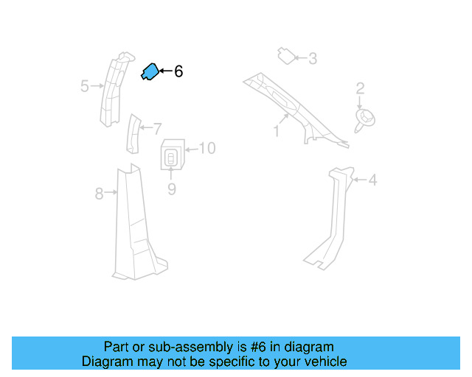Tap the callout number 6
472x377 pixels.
[x=178, y=71]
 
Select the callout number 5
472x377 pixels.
[x=85, y=87]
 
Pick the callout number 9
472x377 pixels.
[x=171, y=189]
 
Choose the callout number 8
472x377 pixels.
[x=100, y=194]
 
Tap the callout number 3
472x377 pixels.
[x=313, y=58]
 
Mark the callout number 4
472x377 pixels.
[x=372, y=180]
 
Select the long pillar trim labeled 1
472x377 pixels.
[x=295, y=107]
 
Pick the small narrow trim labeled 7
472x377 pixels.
[x=133, y=134]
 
